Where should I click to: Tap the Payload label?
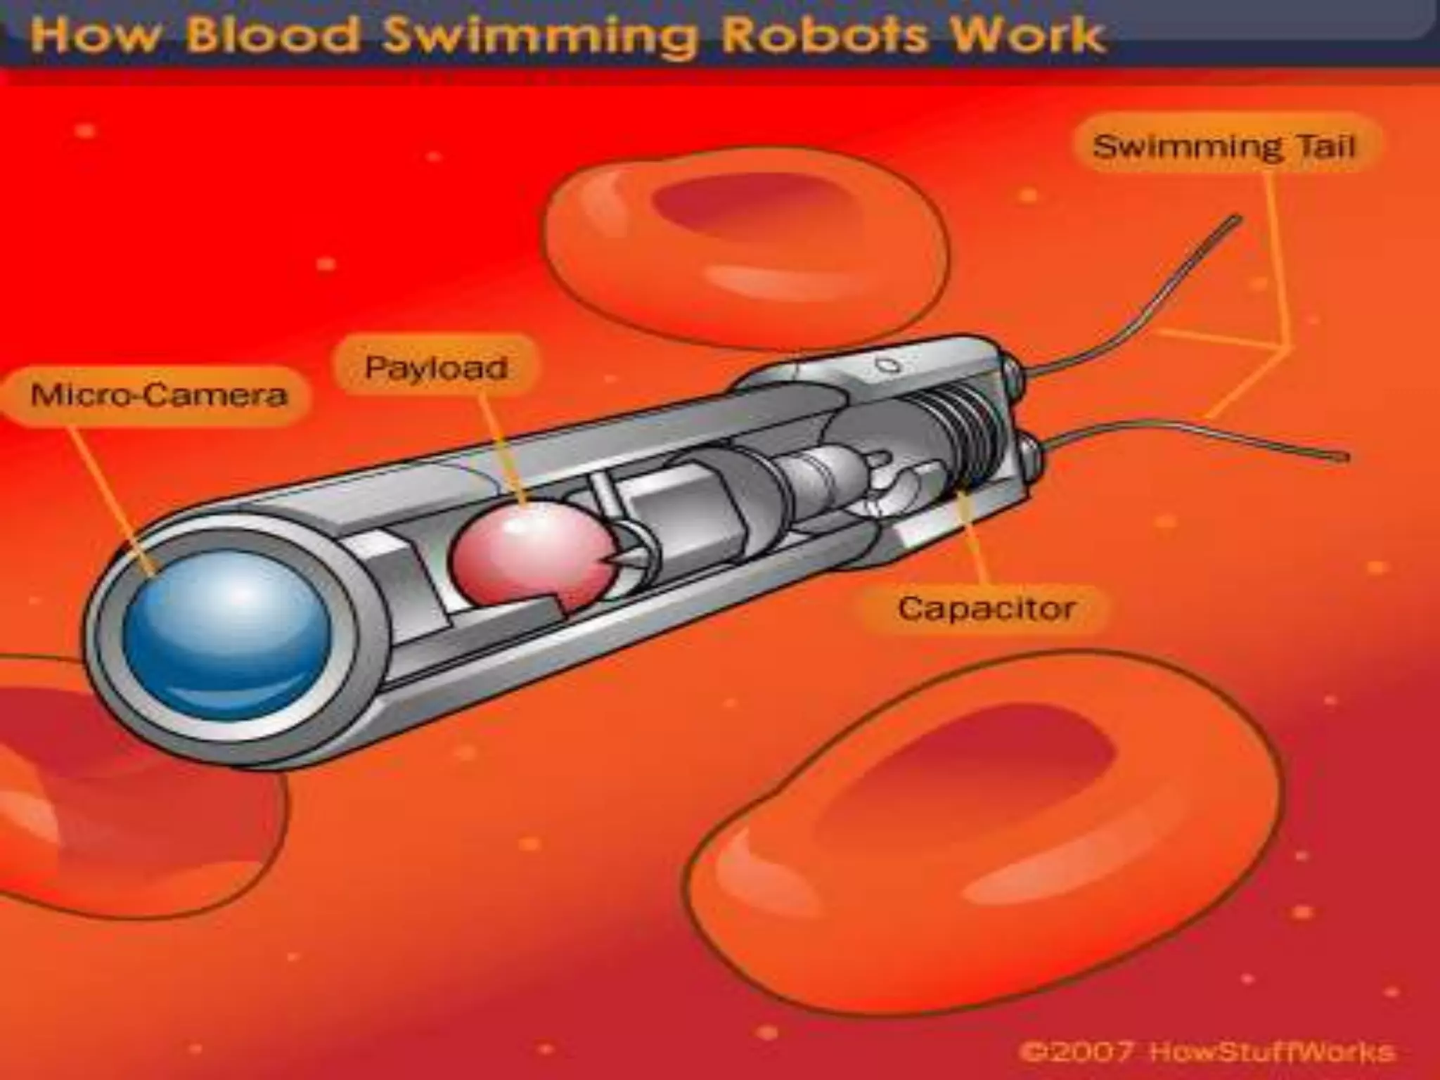[436, 367]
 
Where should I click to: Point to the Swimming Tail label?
[1224, 147]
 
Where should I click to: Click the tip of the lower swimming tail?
[1344, 458]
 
